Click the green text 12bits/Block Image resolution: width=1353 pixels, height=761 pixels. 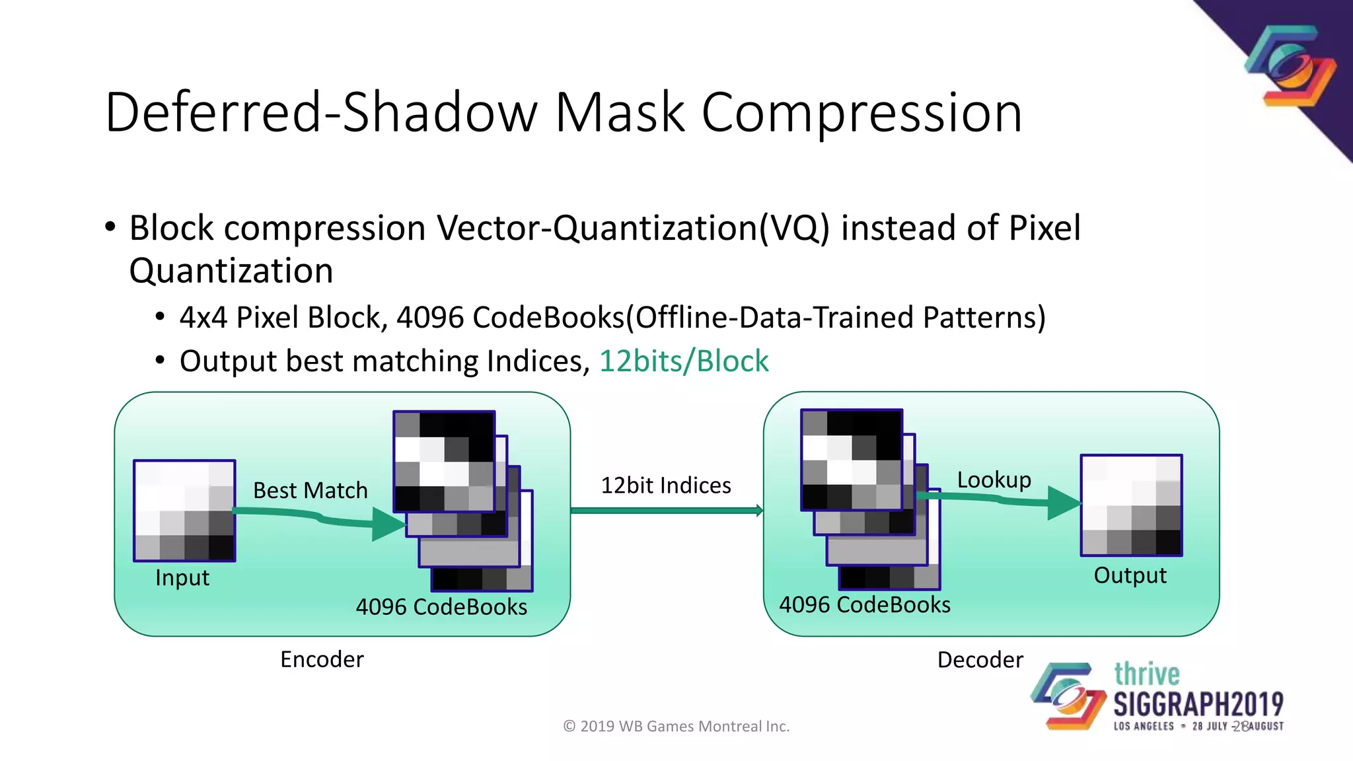coord(684,361)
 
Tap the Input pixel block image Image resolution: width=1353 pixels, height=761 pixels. coord(184,511)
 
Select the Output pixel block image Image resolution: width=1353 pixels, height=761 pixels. coord(1131,505)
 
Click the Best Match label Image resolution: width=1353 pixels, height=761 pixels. coord(310,490)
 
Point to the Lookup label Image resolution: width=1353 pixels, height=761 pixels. coord(994,480)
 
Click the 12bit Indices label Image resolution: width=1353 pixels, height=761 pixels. coord(665,486)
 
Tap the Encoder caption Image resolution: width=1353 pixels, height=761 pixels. coord(322,659)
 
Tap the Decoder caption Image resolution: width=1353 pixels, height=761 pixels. coord(980,660)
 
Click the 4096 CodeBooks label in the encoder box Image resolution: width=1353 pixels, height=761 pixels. coord(441,606)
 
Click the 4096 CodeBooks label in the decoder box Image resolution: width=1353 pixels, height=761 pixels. coord(864,604)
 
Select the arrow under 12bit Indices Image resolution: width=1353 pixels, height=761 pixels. coord(666,510)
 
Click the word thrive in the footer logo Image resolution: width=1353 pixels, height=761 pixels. coord(1146,674)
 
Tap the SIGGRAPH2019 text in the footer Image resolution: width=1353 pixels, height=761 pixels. coord(1198,704)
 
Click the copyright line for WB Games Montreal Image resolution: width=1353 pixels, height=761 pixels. coord(676,727)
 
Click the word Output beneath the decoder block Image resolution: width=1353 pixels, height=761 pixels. coord(1130,575)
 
